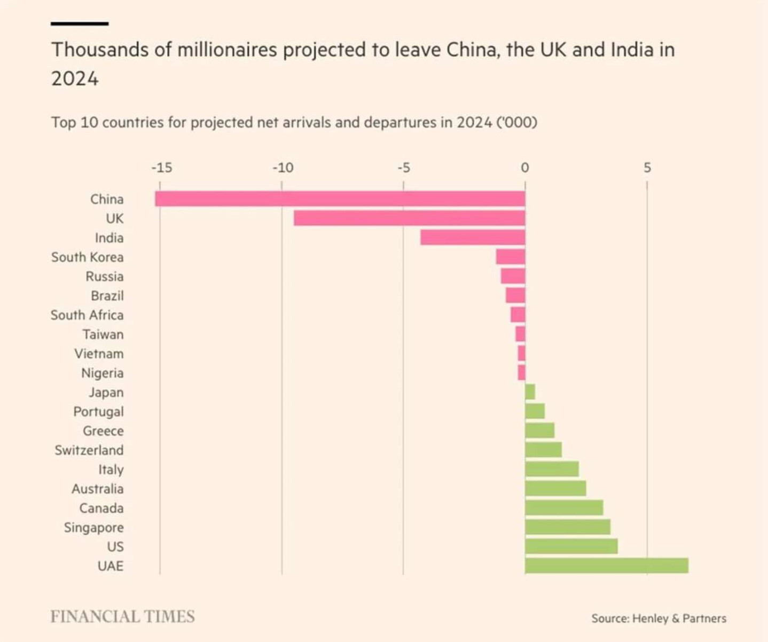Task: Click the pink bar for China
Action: click(x=340, y=199)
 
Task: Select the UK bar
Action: click(x=409, y=218)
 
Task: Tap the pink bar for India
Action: click(x=473, y=238)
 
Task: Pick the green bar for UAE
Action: click(x=607, y=566)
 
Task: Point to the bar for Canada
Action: click(x=564, y=508)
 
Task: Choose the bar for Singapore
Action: click(x=568, y=527)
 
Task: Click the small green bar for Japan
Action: click(x=530, y=392)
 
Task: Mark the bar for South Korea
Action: click(x=511, y=257)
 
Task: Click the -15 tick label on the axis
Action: click(x=161, y=168)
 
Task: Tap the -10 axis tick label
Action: click(x=283, y=168)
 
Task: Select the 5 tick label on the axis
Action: click(x=647, y=168)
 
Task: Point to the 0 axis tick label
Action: click(x=525, y=168)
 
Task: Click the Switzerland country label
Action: click(x=89, y=450)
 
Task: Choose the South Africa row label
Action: click(x=87, y=315)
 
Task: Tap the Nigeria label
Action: click(x=102, y=373)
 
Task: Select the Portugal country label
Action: click(x=98, y=412)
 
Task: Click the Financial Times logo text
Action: click(x=122, y=617)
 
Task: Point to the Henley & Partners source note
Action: click(x=659, y=618)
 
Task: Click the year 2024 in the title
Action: click(x=75, y=79)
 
